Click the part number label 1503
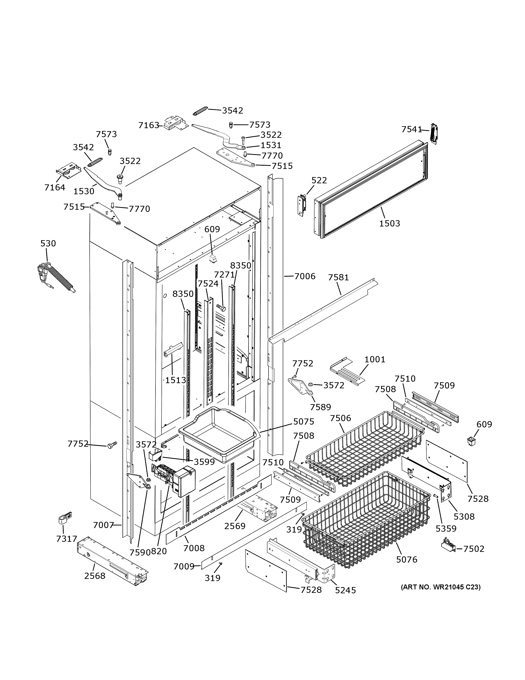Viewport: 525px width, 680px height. point(389,223)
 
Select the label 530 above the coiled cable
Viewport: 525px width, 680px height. point(48,243)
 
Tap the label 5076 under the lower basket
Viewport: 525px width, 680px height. point(406,560)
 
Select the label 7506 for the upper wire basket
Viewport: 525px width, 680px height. point(340,418)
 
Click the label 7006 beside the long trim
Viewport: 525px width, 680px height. point(305,276)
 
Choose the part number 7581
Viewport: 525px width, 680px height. point(338,277)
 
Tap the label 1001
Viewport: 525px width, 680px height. point(375,359)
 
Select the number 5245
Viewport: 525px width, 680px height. point(345,590)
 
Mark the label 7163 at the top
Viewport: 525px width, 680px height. point(149,125)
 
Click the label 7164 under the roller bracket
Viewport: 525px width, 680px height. point(55,187)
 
